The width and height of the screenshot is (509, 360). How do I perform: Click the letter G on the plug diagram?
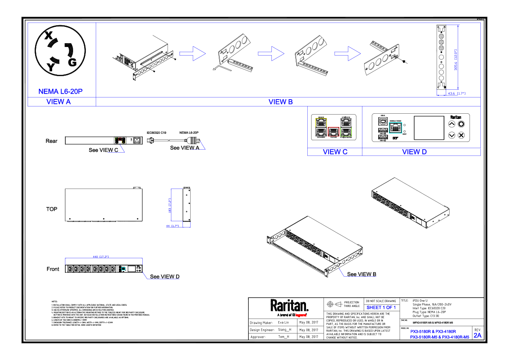pyautogui.click(x=72, y=62)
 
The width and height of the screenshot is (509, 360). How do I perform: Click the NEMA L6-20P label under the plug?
pyautogui.click(x=60, y=91)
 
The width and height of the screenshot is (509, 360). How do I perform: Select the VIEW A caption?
pyautogui.click(x=59, y=102)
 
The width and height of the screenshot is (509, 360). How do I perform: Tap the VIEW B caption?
pyautogui.click(x=280, y=102)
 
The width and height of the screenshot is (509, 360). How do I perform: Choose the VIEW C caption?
pyautogui.click(x=335, y=152)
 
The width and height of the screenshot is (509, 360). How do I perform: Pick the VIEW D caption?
pyautogui.click(x=414, y=152)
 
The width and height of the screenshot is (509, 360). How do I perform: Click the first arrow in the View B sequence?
pyautogui.click(x=192, y=53)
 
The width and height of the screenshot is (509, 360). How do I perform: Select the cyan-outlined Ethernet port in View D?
pyautogui.click(x=396, y=127)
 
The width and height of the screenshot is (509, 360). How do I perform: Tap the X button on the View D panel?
pyautogui.click(x=461, y=135)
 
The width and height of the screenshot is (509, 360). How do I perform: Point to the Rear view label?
pyautogui.click(x=51, y=141)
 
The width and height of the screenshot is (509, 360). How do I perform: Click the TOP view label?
pyautogui.click(x=52, y=209)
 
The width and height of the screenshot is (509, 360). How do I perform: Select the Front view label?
pyautogui.click(x=53, y=269)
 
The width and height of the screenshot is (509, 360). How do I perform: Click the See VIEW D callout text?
pyautogui.click(x=165, y=277)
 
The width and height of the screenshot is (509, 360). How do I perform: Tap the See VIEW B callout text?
pyautogui.click(x=362, y=274)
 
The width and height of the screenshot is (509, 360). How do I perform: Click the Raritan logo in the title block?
pyautogui.click(x=289, y=306)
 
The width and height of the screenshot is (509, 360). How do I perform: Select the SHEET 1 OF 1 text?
pyautogui.click(x=381, y=307)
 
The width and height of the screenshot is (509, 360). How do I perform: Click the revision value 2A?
pyautogui.click(x=477, y=335)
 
